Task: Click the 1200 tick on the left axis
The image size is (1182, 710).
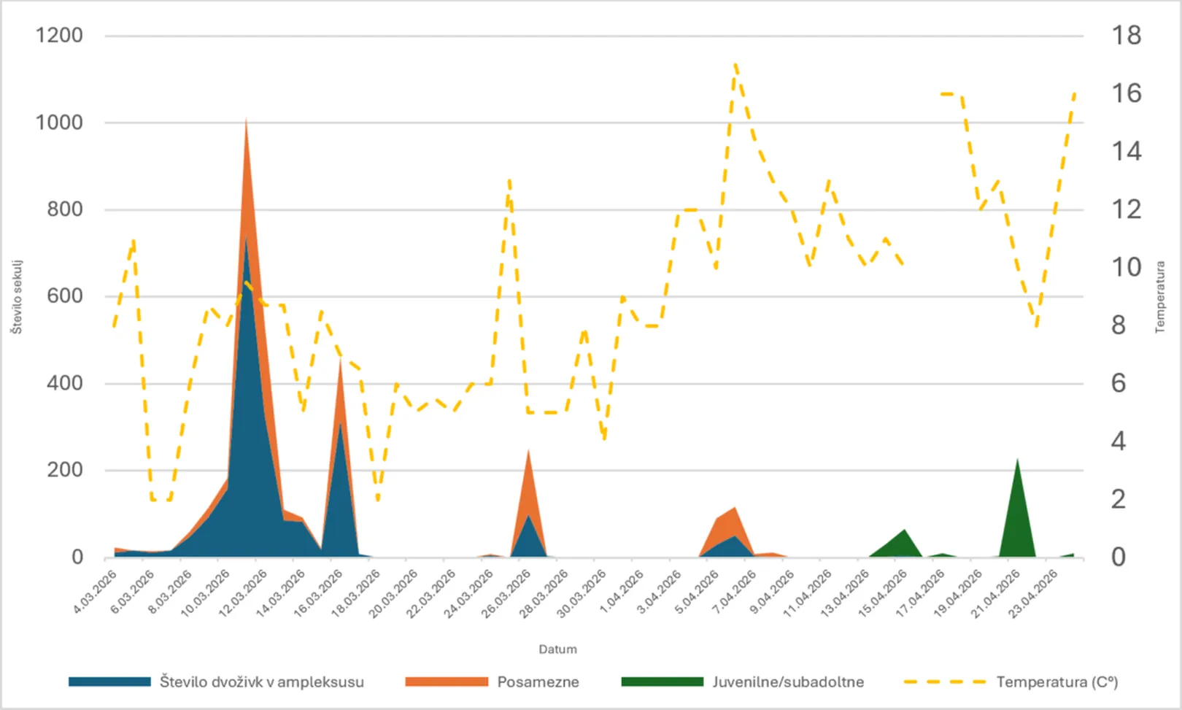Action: pos(59,35)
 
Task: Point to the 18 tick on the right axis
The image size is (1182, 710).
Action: pos(1126,35)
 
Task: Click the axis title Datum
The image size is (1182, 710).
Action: pos(557,649)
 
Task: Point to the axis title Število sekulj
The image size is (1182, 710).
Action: pos(17,297)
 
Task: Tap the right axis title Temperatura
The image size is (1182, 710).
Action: pos(1160,297)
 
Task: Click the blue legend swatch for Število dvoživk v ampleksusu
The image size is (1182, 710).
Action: pos(109,682)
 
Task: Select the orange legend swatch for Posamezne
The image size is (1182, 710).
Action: pos(447,682)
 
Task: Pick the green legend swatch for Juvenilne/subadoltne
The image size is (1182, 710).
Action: pos(663,682)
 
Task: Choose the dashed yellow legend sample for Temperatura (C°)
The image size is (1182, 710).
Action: pos(945,682)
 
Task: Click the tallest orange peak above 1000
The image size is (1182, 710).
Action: pos(246,119)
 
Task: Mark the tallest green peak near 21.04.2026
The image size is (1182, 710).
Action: pos(1017,459)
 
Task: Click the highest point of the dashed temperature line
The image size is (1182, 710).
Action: pos(735,65)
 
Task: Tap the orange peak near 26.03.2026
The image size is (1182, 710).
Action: pos(528,450)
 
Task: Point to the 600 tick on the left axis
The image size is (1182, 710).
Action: pos(65,296)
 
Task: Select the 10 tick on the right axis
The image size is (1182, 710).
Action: pos(1126,267)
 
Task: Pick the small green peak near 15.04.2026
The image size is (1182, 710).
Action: pos(905,530)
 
